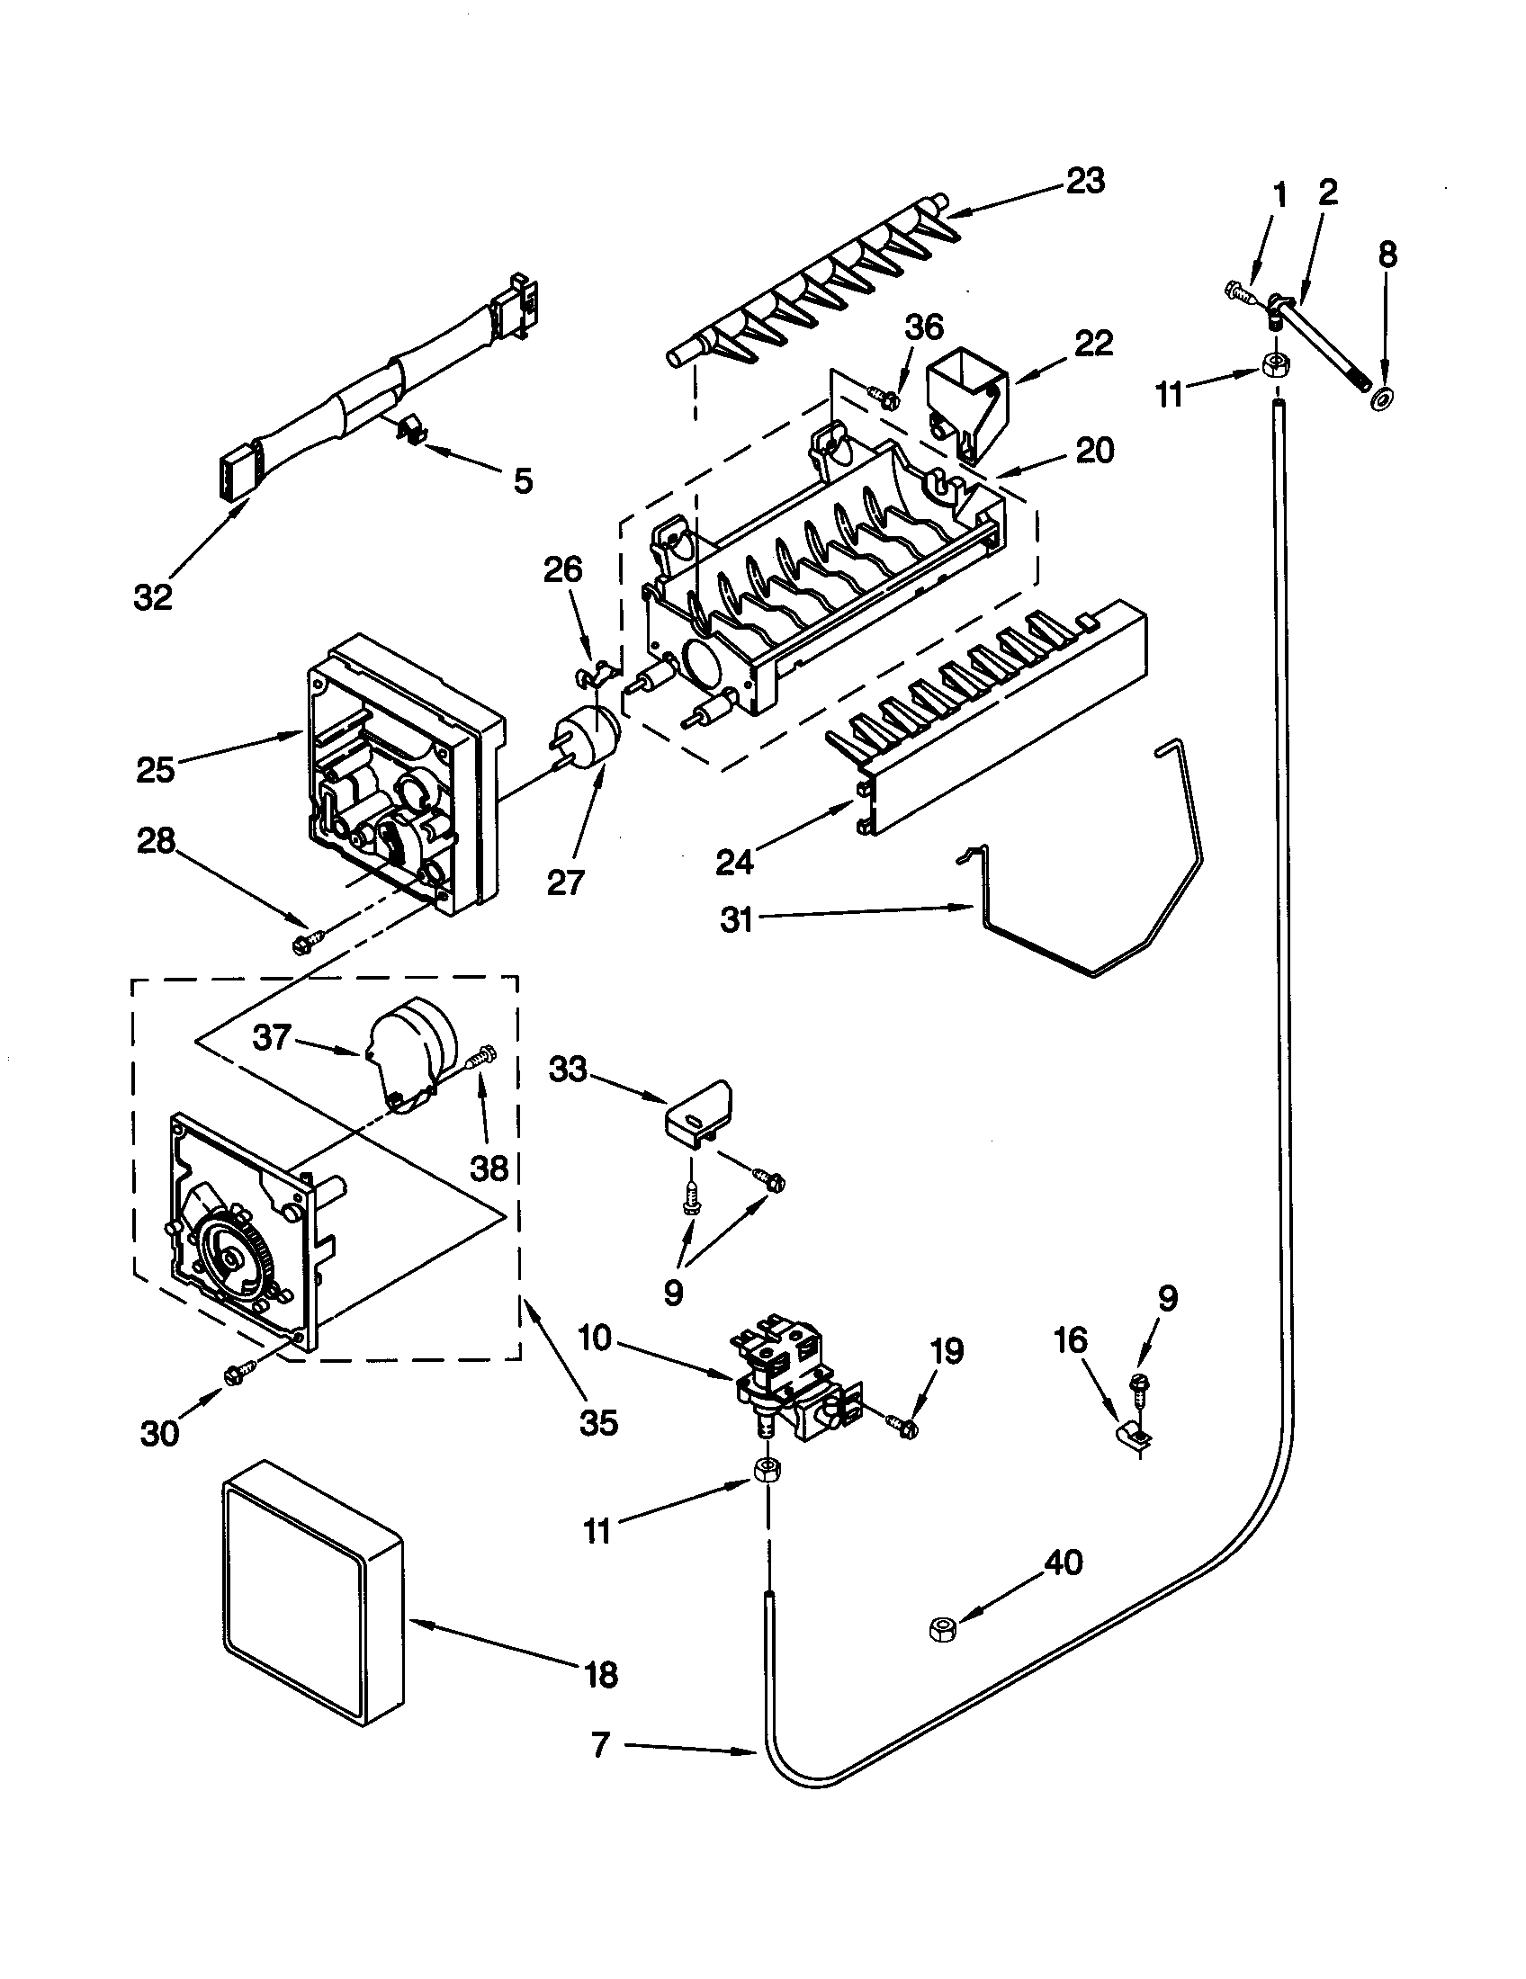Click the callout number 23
[x=1085, y=181]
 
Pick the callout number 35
[x=598, y=1424]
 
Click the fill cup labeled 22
[x=966, y=401]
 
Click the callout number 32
[x=152, y=597]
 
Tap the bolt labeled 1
[x=1238, y=291]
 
